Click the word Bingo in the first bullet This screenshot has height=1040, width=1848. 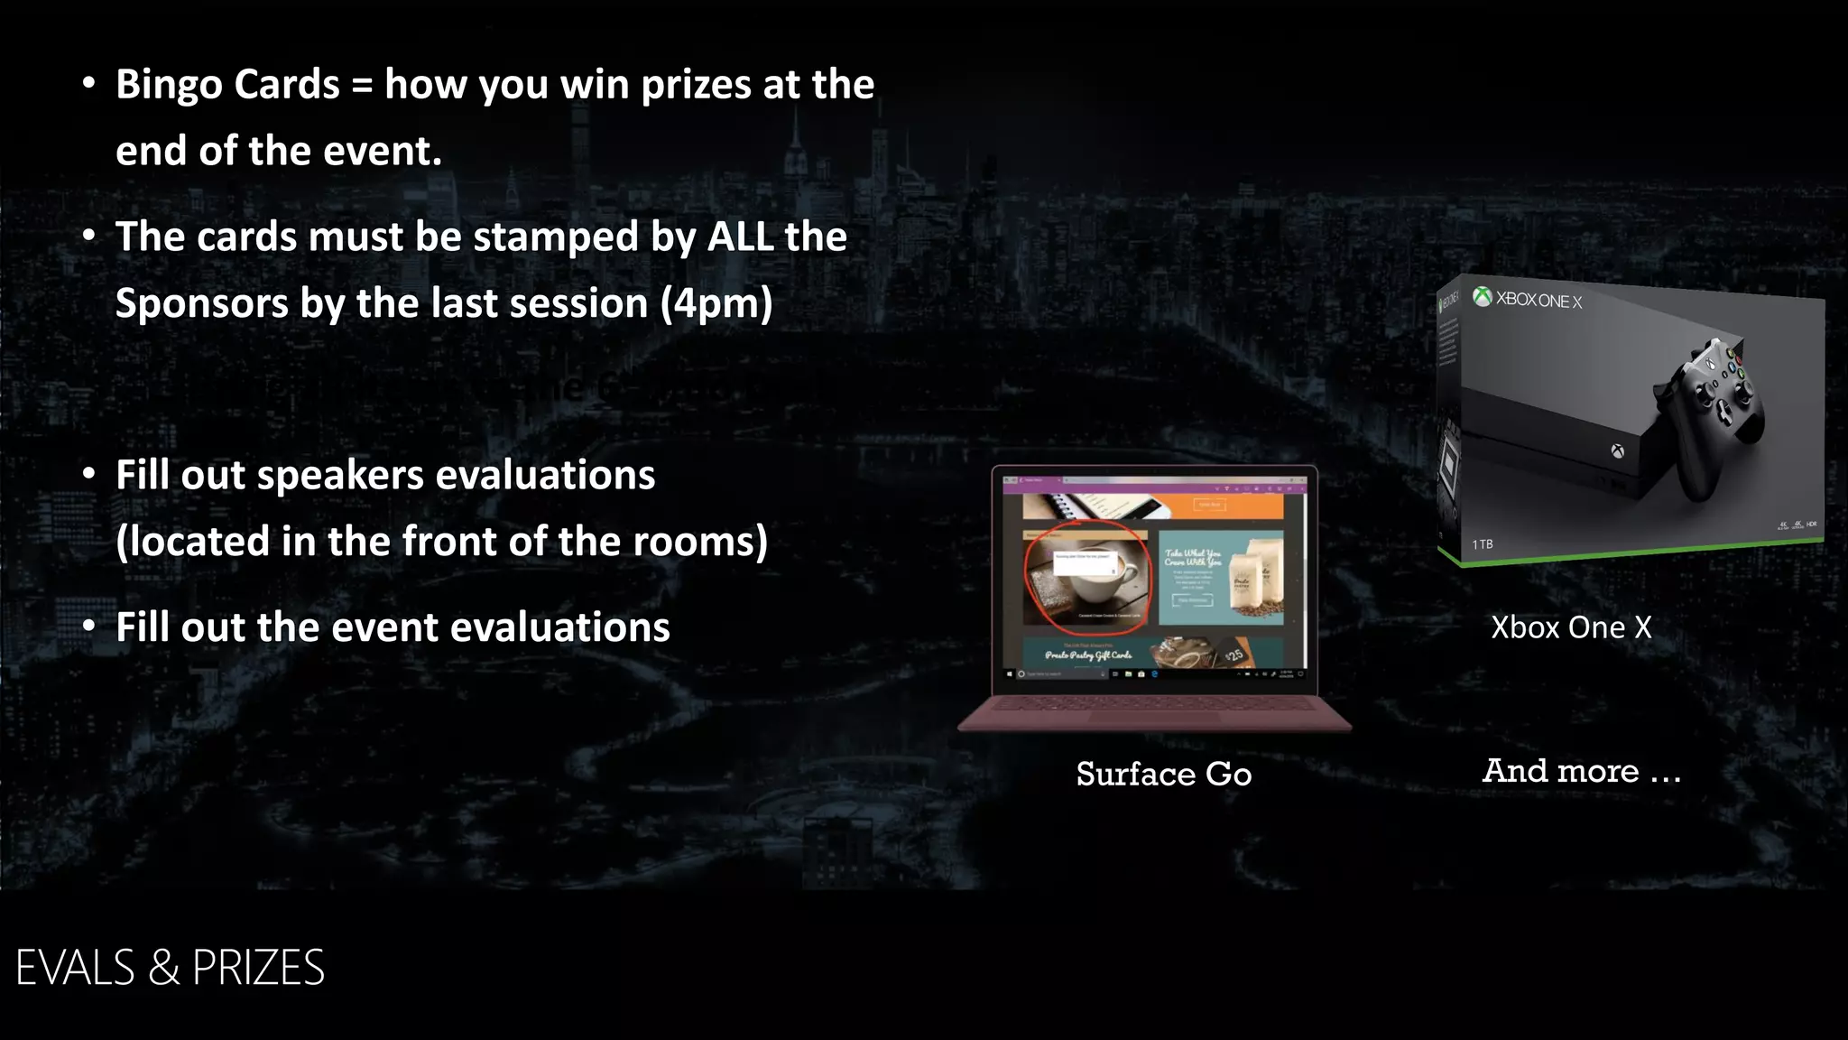click(x=170, y=86)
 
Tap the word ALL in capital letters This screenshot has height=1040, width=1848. click(x=740, y=237)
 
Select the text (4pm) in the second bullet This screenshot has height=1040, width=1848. click(x=716, y=304)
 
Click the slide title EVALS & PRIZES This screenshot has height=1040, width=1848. click(x=171, y=968)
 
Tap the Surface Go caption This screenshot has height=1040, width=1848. click(x=1163, y=774)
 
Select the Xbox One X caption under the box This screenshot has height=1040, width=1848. click(x=1571, y=627)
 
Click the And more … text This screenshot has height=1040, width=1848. click(x=1582, y=771)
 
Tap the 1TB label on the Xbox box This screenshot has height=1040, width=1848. click(x=1482, y=544)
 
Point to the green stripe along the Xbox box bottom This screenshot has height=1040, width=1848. click(x=1633, y=552)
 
